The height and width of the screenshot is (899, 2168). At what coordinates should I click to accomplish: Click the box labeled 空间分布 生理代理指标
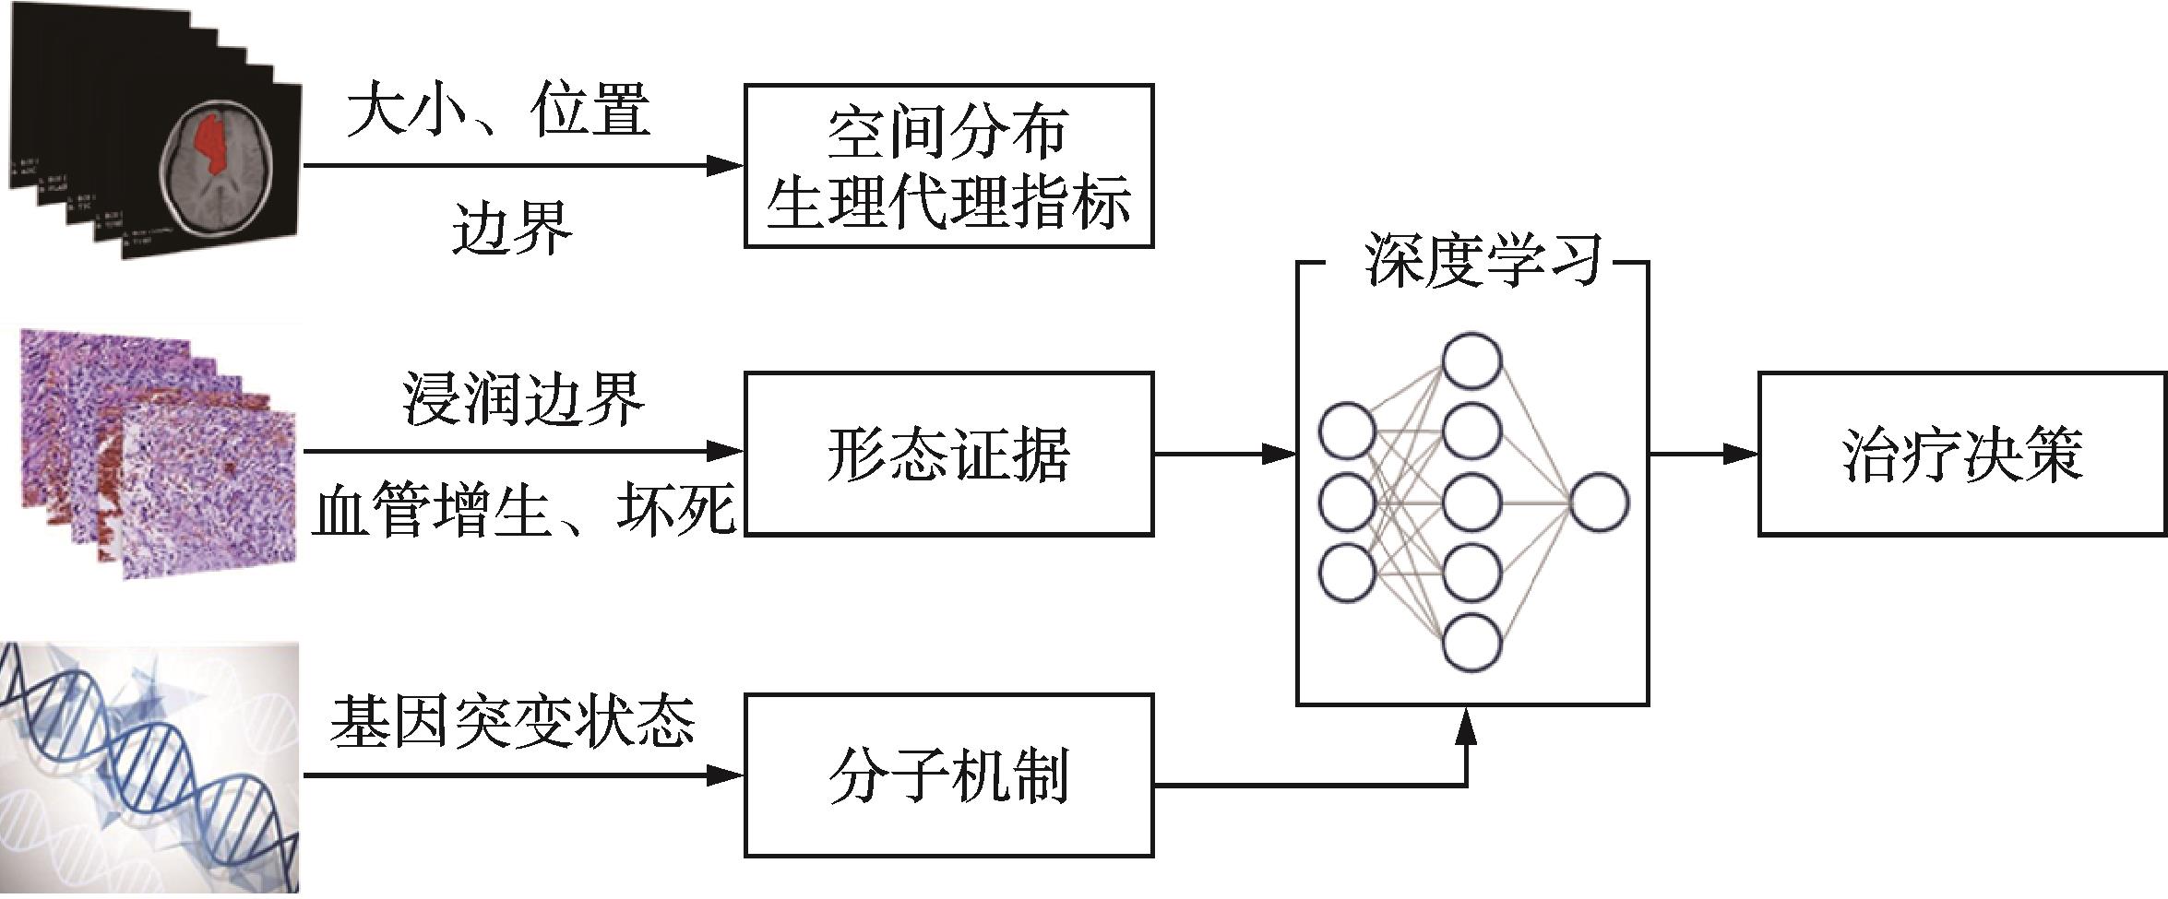pyautogui.click(x=948, y=166)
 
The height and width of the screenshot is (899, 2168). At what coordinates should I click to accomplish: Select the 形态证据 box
pyautogui.click(x=948, y=453)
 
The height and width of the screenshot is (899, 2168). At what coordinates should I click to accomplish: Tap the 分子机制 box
pyautogui.click(x=948, y=775)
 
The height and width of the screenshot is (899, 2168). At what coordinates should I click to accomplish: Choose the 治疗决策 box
pyautogui.click(x=1962, y=453)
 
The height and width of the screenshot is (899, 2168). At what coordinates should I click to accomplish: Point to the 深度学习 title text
pyautogui.click(x=1482, y=260)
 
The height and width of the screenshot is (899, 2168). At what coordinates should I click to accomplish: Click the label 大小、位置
pyautogui.click(x=499, y=111)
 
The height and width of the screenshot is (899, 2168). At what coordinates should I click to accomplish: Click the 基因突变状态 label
pyautogui.click(x=513, y=722)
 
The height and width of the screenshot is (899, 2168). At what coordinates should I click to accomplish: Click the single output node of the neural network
pyautogui.click(x=1599, y=503)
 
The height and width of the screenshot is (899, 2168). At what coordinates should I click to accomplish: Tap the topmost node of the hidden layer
pyautogui.click(x=1471, y=361)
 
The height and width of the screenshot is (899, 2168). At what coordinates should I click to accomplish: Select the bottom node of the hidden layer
pyautogui.click(x=1471, y=642)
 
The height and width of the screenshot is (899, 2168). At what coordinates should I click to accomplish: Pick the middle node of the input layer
pyautogui.click(x=1348, y=503)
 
